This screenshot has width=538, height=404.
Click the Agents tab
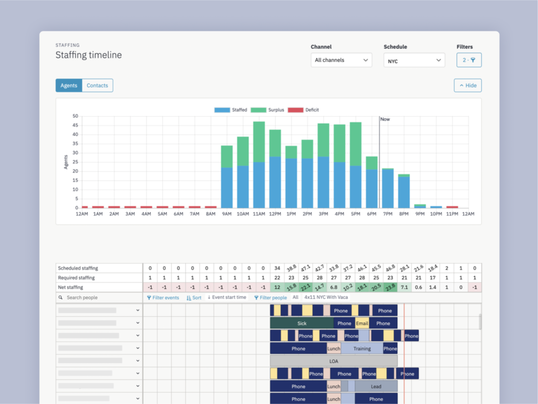[x=69, y=85]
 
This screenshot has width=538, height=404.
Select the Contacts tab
[x=97, y=85]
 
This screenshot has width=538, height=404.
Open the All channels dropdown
[x=342, y=60]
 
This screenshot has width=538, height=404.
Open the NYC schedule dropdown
[x=414, y=60]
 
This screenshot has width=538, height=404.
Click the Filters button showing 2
[x=469, y=60]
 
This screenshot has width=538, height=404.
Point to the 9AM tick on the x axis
[x=226, y=214]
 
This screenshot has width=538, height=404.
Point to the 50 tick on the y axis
[x=75, y=116]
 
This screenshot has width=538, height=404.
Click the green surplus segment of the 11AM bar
[x=258, y=142]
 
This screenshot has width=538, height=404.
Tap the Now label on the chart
[x=385, y=119]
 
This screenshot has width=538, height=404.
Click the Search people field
[x=100, y=298]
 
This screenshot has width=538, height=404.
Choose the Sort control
[x=194, y=298]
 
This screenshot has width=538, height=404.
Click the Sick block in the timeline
[x=302, y=324]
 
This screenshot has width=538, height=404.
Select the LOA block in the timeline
[x=334, y=361]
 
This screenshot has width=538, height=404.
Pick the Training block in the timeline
[x=361, y=349]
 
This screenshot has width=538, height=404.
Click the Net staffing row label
[x=71, y=287]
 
